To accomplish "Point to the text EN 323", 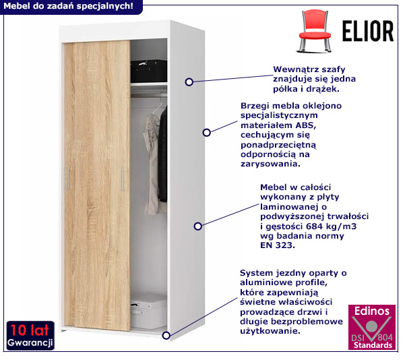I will coord(277,246).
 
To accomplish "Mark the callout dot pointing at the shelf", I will coord(189,82).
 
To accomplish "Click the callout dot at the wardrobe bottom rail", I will coord(166,333).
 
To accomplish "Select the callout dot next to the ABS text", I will coord(207,133).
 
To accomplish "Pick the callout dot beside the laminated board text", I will coord(197,227).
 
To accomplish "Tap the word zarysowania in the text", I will coord(270,164).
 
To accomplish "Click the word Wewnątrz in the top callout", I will coord(294,69).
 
